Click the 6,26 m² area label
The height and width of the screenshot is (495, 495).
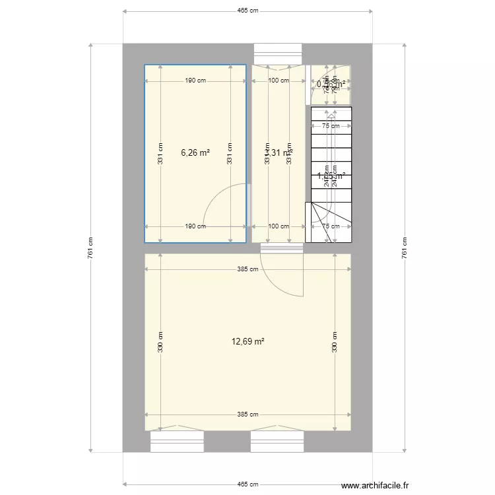point(195,152)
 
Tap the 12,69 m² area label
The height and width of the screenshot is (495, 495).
point(248,341)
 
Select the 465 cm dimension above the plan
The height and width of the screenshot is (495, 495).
point(247,11)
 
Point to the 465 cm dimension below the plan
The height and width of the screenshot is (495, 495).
point(247,484)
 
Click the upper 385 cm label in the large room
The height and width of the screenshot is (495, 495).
point(247,269)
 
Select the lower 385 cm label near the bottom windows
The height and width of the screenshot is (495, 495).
point(247,414)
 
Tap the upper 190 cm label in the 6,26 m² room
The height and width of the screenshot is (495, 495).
point(195,81)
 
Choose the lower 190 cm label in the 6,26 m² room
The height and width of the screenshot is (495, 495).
point(195,226)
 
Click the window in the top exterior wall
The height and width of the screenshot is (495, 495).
point(278,53)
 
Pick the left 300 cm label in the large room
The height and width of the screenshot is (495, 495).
point(160,341)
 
